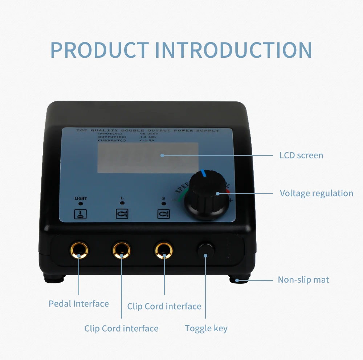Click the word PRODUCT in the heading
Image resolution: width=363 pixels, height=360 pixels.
pos(99,50)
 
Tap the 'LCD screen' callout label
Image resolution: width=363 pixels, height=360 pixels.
pos(301,155)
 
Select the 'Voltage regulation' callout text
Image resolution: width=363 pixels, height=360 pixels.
pos(316,193)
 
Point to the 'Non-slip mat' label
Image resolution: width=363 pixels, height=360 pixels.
pos(303,280)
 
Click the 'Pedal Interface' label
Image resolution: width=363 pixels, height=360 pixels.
pos(79,304)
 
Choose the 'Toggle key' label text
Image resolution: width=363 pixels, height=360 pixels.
pos(206,329)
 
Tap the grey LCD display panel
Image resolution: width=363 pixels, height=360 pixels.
pos(148,158)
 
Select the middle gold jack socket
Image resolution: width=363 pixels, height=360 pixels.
pos(121,250)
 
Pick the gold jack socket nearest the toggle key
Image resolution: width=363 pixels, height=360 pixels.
pos(164,250)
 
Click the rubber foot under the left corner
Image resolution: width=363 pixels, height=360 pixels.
pos(55,279)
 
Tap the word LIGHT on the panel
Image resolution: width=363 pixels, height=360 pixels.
pos(81,198)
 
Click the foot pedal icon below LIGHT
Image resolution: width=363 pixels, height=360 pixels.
pos(80,214)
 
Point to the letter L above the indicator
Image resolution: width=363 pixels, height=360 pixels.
pos(122,198)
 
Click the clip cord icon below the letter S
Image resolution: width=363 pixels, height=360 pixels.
pos(163,214)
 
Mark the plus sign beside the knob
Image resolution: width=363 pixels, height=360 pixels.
pos(231,200)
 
